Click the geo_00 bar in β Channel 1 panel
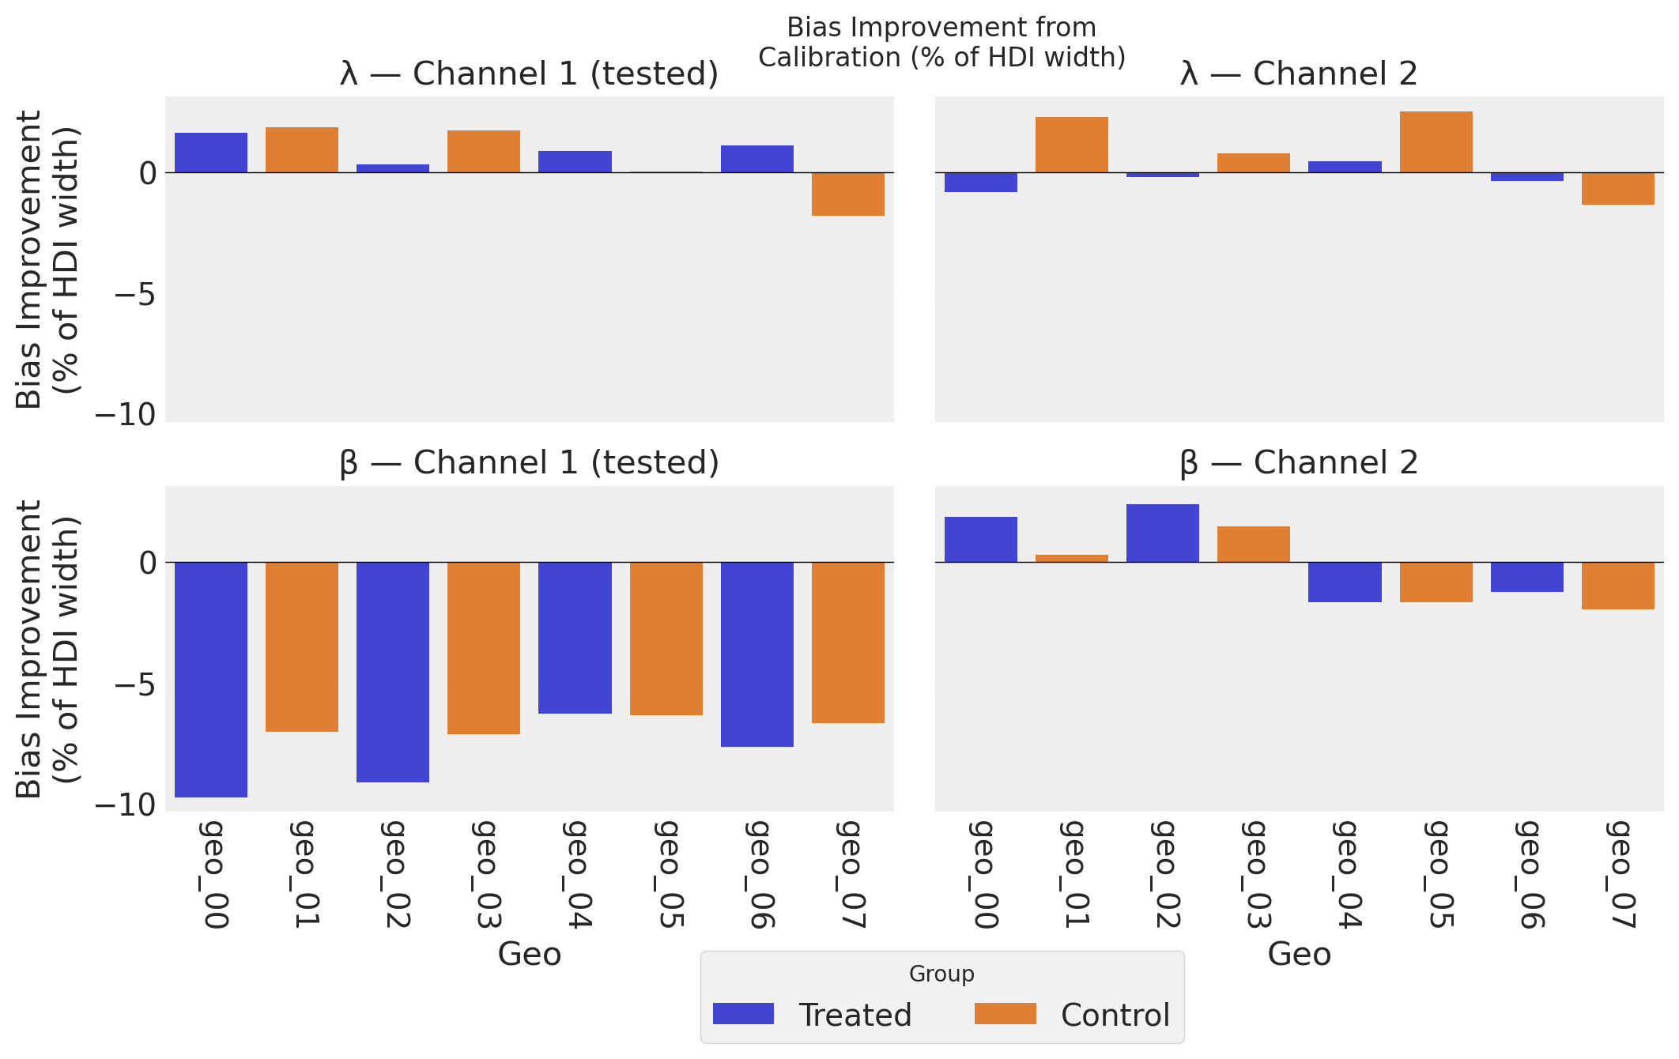coord(211,679)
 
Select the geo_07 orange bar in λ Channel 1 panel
coord(848,194)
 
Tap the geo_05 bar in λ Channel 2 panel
coord(1436,142)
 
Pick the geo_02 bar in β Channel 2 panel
coord(1162,533)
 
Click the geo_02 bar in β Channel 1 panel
coord(393,672)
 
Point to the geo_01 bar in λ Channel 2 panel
coord(1071,145)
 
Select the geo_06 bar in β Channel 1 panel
coord(756,654)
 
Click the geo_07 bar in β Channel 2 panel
coord(1617,586)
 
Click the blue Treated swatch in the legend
coord(743,1014)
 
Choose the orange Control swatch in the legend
coord(1005,1014)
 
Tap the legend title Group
coord(941,974)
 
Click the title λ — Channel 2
coord(1299,74)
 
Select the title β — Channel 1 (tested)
coord(529,463)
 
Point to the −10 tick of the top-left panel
coord(126,414)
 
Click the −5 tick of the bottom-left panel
coord(134,684)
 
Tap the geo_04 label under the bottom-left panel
coord(576,873)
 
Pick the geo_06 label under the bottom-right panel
coord(1528,873)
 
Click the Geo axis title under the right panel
coord(1299,955)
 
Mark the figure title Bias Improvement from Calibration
coord(941,43)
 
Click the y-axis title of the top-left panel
coord(47,259)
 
